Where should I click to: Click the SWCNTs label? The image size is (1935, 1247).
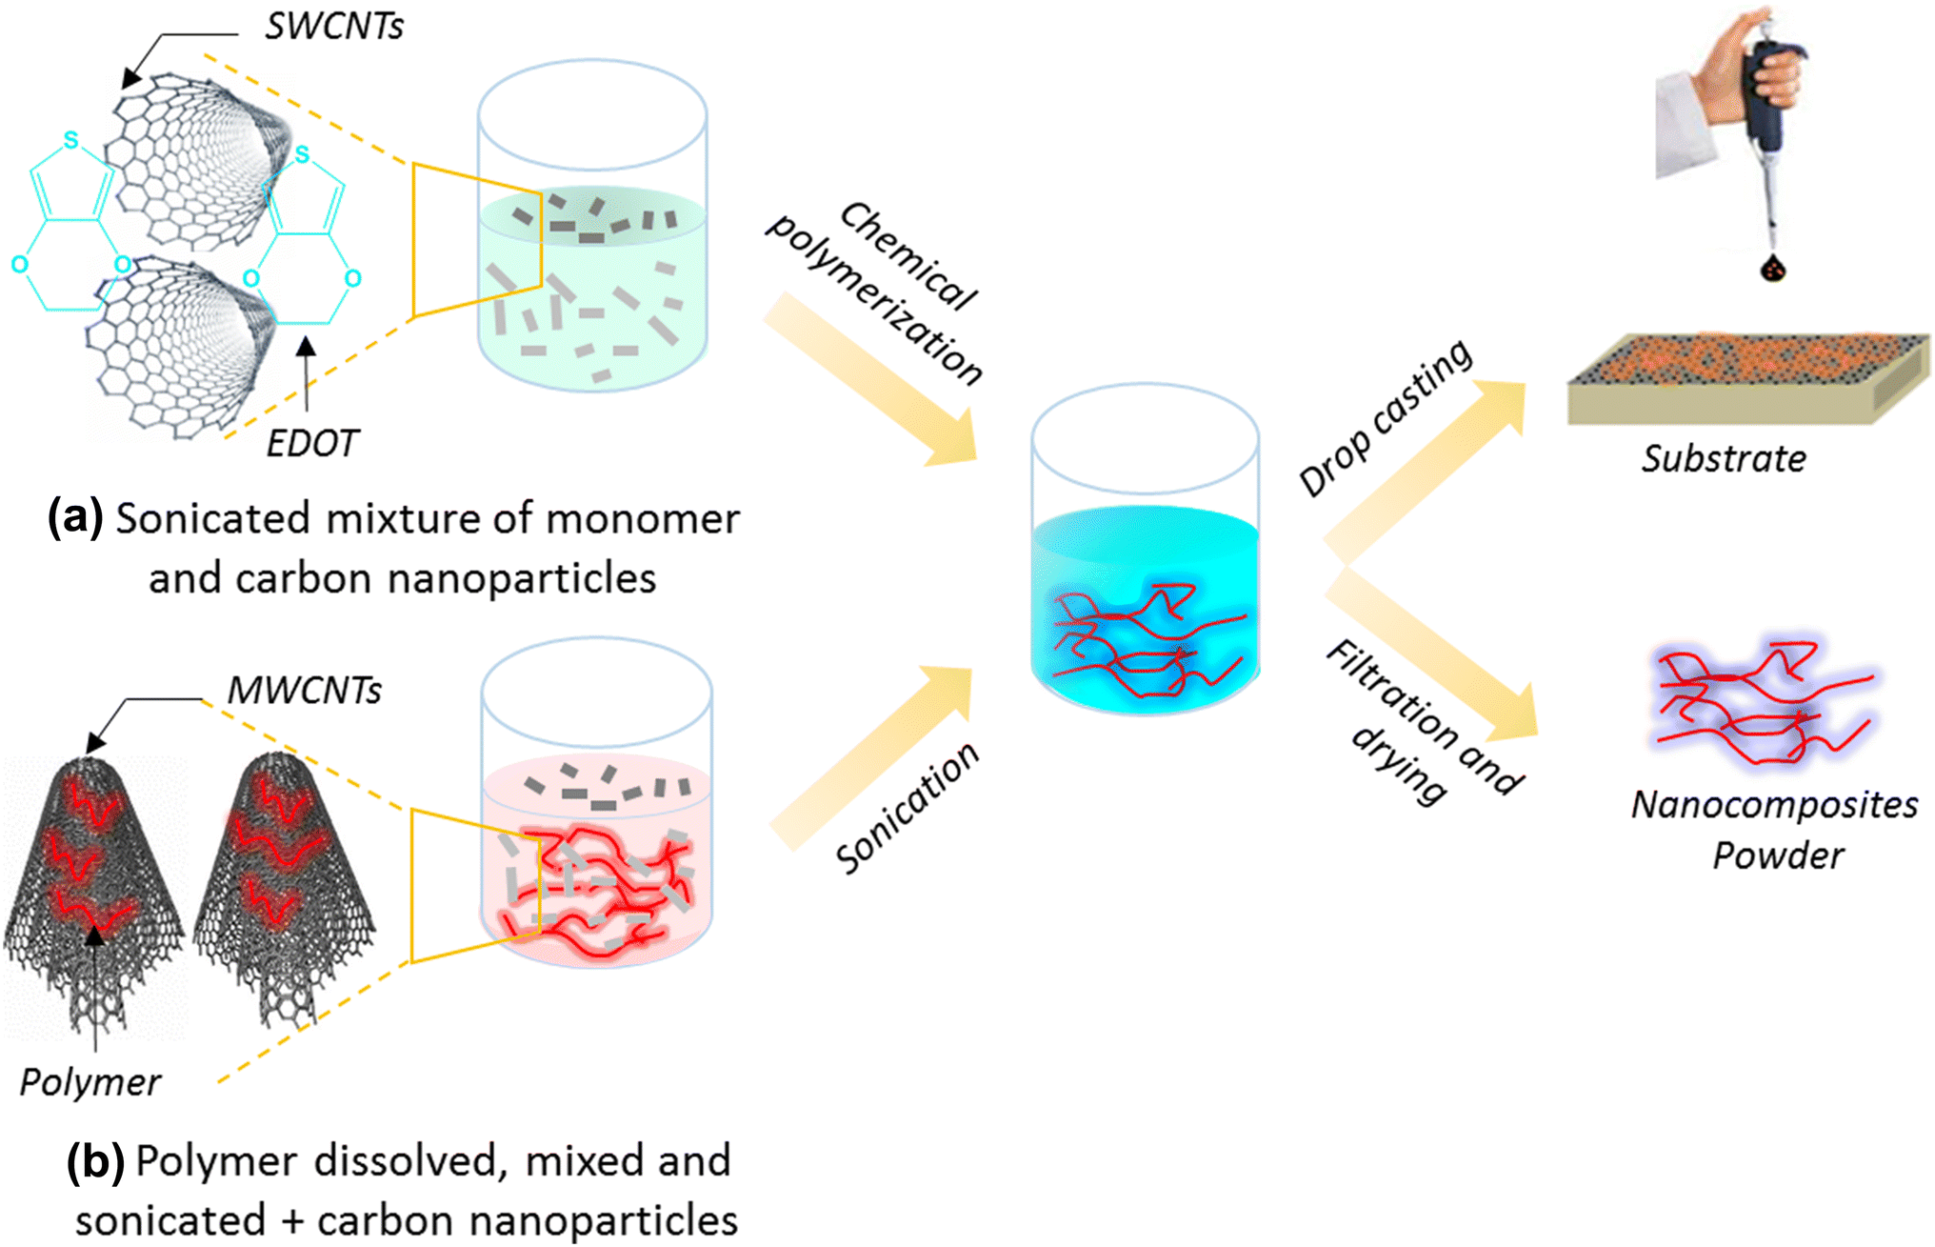click(333, 27)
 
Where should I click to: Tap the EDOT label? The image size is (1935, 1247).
click(311, 444)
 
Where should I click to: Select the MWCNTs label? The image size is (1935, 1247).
click(304, 691)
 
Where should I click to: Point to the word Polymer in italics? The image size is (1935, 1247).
click(90, 1082)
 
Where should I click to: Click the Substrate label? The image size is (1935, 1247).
click(1724, 459)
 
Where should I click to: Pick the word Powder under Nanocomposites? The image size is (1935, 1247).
click(1777, 855)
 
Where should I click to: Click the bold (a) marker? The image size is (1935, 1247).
click(75, 519)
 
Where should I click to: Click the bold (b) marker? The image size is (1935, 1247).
click(95, 1161)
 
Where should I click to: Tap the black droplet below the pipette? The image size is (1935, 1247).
click(1772, 269)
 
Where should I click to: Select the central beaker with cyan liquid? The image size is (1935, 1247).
click(1145, 572)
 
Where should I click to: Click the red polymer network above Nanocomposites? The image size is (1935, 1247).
click(1762, 705)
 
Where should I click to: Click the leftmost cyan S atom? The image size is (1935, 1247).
click(70, 141)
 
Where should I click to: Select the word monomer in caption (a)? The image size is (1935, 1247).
click(643, 519)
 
